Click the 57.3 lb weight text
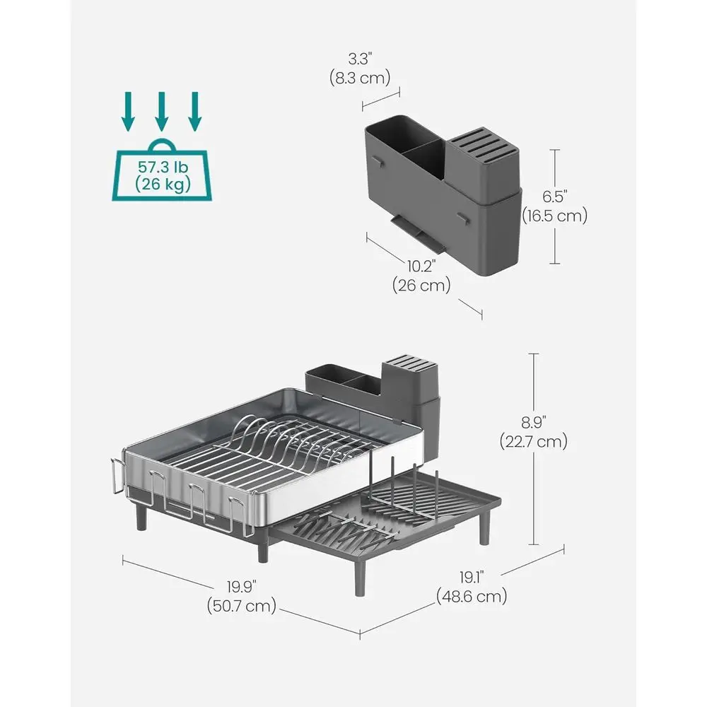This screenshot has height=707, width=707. pos(161,169)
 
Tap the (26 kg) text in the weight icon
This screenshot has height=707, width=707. pos(161,187)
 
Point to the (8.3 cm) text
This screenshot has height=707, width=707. pos(360,77)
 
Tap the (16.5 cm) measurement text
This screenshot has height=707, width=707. pos(554,216)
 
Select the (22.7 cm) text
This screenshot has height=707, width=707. pos(535,443)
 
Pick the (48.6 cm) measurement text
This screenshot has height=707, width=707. pos(472,596)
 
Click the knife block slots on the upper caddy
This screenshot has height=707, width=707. pos(484,144)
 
